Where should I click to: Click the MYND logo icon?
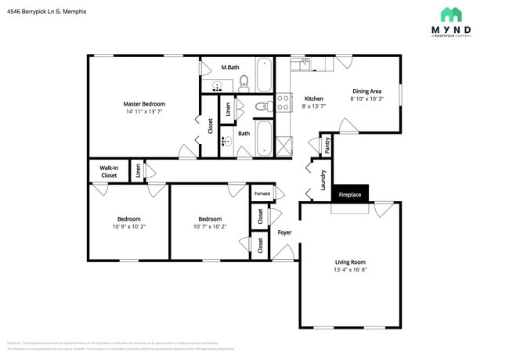click(451, 15)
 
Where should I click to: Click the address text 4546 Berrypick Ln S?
click(47, 12)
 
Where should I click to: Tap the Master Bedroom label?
click(144, 103)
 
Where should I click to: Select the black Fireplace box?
click(349, 194)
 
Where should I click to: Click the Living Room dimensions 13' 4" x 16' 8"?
click(350, 270)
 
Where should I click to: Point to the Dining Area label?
click(367, 91)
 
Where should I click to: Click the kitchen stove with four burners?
click(283, 104)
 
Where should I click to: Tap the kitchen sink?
click(301, 63)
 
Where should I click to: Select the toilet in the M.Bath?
click(244, 80)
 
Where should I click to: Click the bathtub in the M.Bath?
click(265, 76)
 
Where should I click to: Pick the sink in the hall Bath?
click(226, 142)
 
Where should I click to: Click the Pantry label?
click(327, 144)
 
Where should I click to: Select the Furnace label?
click(262, 193)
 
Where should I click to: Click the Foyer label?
click(284, 232)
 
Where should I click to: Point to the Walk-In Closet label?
click(108, 171)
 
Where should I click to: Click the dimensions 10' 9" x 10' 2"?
click(128, 227)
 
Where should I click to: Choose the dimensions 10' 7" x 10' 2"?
click(209, 227)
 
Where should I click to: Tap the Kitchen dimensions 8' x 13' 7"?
click(313, 106)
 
